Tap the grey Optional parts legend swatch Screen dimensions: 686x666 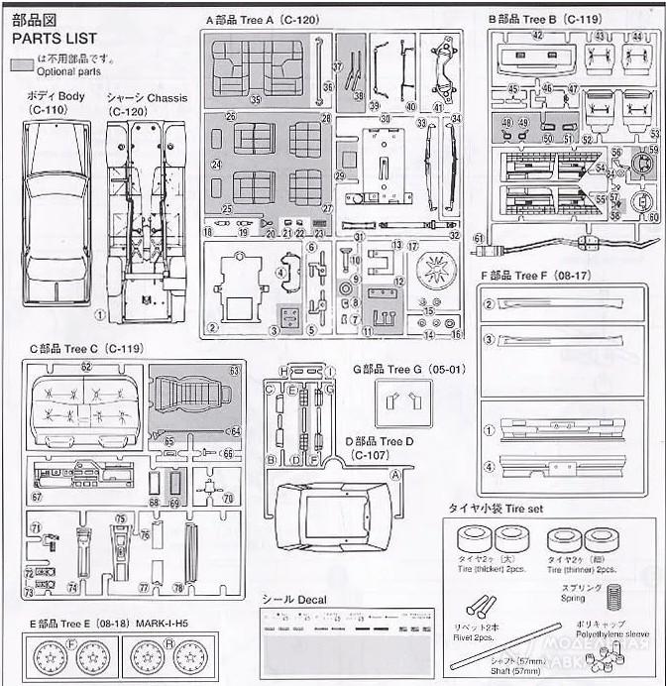[x=21, y=63]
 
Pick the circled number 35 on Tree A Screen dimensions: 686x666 [x=255, y=99]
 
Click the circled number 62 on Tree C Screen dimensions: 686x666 [x=86, y=367]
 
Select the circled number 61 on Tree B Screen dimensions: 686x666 [x=479, y=239]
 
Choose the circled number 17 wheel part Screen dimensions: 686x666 [x=413, y=246]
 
